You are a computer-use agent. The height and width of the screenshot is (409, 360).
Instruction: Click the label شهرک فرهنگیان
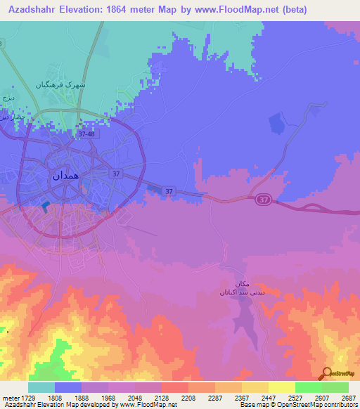[x=61, y=84]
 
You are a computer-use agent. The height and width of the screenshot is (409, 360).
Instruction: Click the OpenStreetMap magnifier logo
[x=326, y=374]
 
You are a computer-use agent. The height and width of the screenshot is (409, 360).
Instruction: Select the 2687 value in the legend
[x=349, y=398]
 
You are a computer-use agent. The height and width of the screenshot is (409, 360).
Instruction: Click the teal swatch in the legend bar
[x=41, y=387]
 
